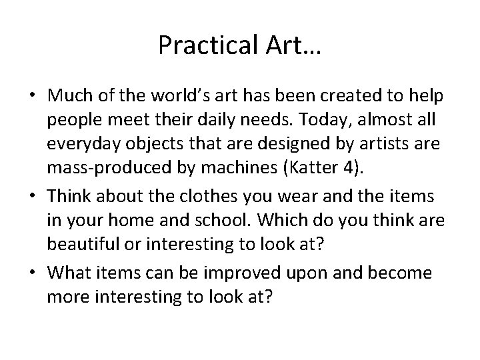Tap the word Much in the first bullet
click(x=68, y=97)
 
